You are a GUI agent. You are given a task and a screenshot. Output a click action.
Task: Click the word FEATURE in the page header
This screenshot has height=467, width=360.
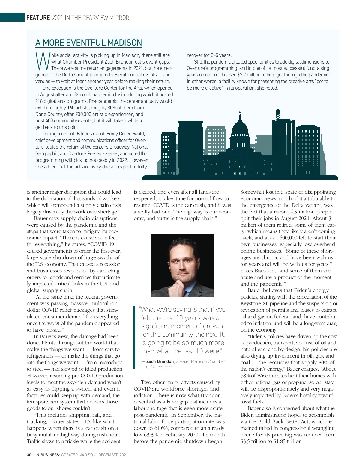[38, 18]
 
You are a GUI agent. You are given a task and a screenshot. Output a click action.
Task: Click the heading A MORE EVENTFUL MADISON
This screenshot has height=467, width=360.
[88, 43]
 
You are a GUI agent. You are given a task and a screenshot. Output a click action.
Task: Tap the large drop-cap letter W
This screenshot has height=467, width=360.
[42, 61]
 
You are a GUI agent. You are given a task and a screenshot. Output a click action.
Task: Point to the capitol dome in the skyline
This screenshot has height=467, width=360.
[240, 126]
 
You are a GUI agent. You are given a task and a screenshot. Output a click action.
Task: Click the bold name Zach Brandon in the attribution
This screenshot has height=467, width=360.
[160, 361]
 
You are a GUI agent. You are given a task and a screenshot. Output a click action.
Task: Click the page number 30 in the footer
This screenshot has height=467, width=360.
[29, 455]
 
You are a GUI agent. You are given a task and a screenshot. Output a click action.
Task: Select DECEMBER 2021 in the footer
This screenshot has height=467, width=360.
[113, 455]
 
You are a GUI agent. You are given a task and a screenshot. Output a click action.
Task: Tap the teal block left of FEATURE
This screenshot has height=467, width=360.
[12, 17]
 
